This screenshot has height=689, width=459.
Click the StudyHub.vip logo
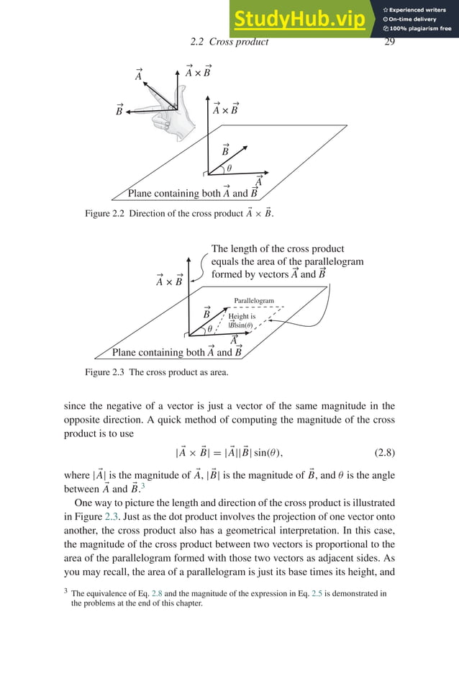(x=298, y=19)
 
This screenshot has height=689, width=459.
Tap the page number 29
(x=390, y=42)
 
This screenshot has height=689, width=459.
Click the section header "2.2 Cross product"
(x=224, y=42)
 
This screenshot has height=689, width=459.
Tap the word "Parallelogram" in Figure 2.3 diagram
(x=254, y=301)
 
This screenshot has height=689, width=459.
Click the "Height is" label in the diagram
(x=242, y=316)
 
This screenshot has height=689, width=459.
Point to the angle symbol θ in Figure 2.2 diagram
(x=229, y=168)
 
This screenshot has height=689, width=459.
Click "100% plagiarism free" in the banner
(x=417, y=29)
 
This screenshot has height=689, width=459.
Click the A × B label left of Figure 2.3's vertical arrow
(x=169, y=281)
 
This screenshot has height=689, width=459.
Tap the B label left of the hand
(x=119, y=110)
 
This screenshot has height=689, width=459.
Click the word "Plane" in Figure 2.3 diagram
(x=127, y=353)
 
